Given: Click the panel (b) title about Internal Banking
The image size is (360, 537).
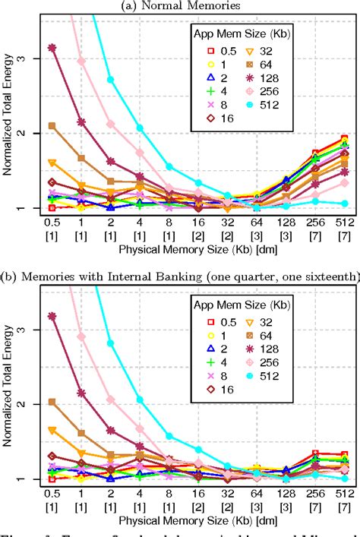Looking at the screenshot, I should click(181, 277).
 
